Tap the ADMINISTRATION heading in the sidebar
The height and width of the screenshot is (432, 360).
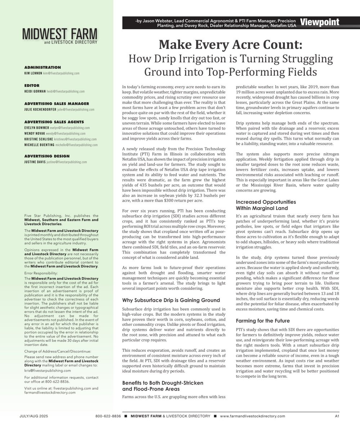tap(42, 67)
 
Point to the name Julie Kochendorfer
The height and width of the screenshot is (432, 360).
tap(39, 109)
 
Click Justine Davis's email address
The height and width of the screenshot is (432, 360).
tap(67, 162)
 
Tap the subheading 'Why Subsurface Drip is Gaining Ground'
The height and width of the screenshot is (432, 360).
tap(171, 300)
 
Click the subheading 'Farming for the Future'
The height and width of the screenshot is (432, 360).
tap(263, 320)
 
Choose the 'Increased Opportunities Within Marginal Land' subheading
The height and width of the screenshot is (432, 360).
tap(266, 205)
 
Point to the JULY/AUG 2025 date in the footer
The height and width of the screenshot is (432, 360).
tap(34, 416)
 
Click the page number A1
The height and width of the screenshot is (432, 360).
tap(337, 416)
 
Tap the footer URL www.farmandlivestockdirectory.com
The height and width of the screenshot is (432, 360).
tap(252, 416)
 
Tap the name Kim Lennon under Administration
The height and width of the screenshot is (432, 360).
tap(33, 73)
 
